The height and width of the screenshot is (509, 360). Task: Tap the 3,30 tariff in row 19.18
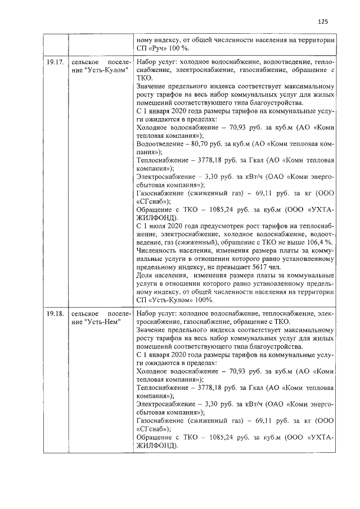(x=215, y=404)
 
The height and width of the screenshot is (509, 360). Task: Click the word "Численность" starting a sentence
(x=157, y=250)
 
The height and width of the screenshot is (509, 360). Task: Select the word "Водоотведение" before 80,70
(x=161, y=143)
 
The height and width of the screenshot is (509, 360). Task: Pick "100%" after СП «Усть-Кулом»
(x=204, y=300)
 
